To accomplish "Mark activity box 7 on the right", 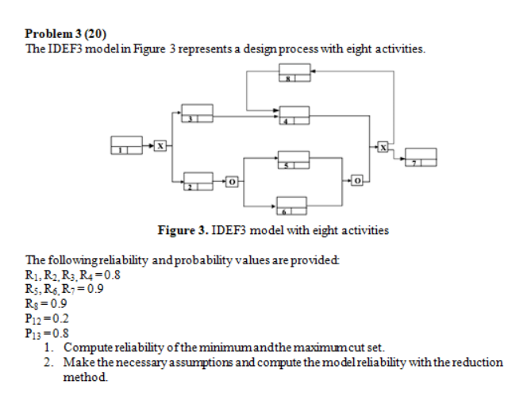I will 421,156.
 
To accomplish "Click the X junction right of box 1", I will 160,145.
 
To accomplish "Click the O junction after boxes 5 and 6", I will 357,182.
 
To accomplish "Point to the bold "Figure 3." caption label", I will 185,231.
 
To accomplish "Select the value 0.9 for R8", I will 57,302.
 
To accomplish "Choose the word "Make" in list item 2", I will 78,361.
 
